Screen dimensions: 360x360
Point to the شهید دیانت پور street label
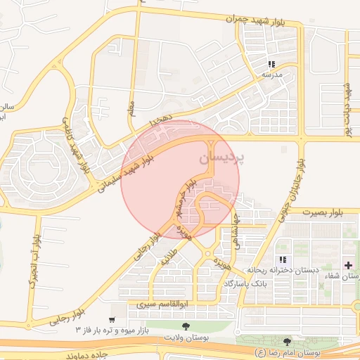[346, 109]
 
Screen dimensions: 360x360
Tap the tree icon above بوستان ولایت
[186, 326]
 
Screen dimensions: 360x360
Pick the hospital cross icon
[349, 264]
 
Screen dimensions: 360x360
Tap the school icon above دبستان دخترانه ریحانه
[283, 259]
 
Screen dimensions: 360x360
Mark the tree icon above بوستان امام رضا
[285, 341]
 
